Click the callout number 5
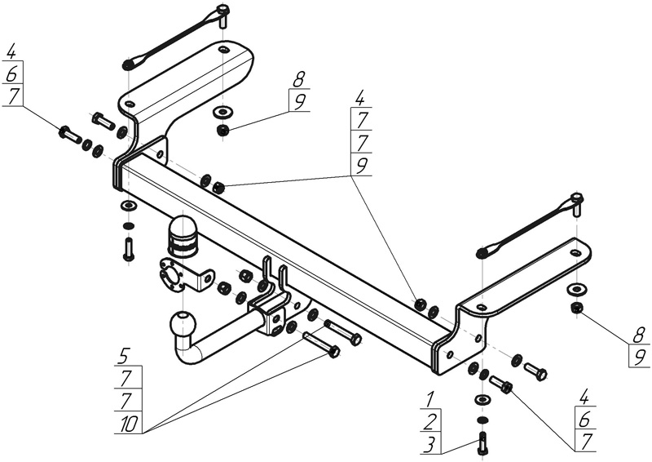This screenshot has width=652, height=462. (123, 357)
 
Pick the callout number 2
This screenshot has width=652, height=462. (430, 422)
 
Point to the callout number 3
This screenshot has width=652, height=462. (430, 445)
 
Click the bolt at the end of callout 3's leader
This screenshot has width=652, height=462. (482, 443)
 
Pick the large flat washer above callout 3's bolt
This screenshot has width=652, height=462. (482, 399)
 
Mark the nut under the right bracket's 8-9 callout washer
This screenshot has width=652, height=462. (576, 308)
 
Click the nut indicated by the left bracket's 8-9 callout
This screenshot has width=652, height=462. (222, 131)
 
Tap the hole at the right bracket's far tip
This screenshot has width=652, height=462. (575, 253)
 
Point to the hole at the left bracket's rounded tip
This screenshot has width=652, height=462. (223, 51)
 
